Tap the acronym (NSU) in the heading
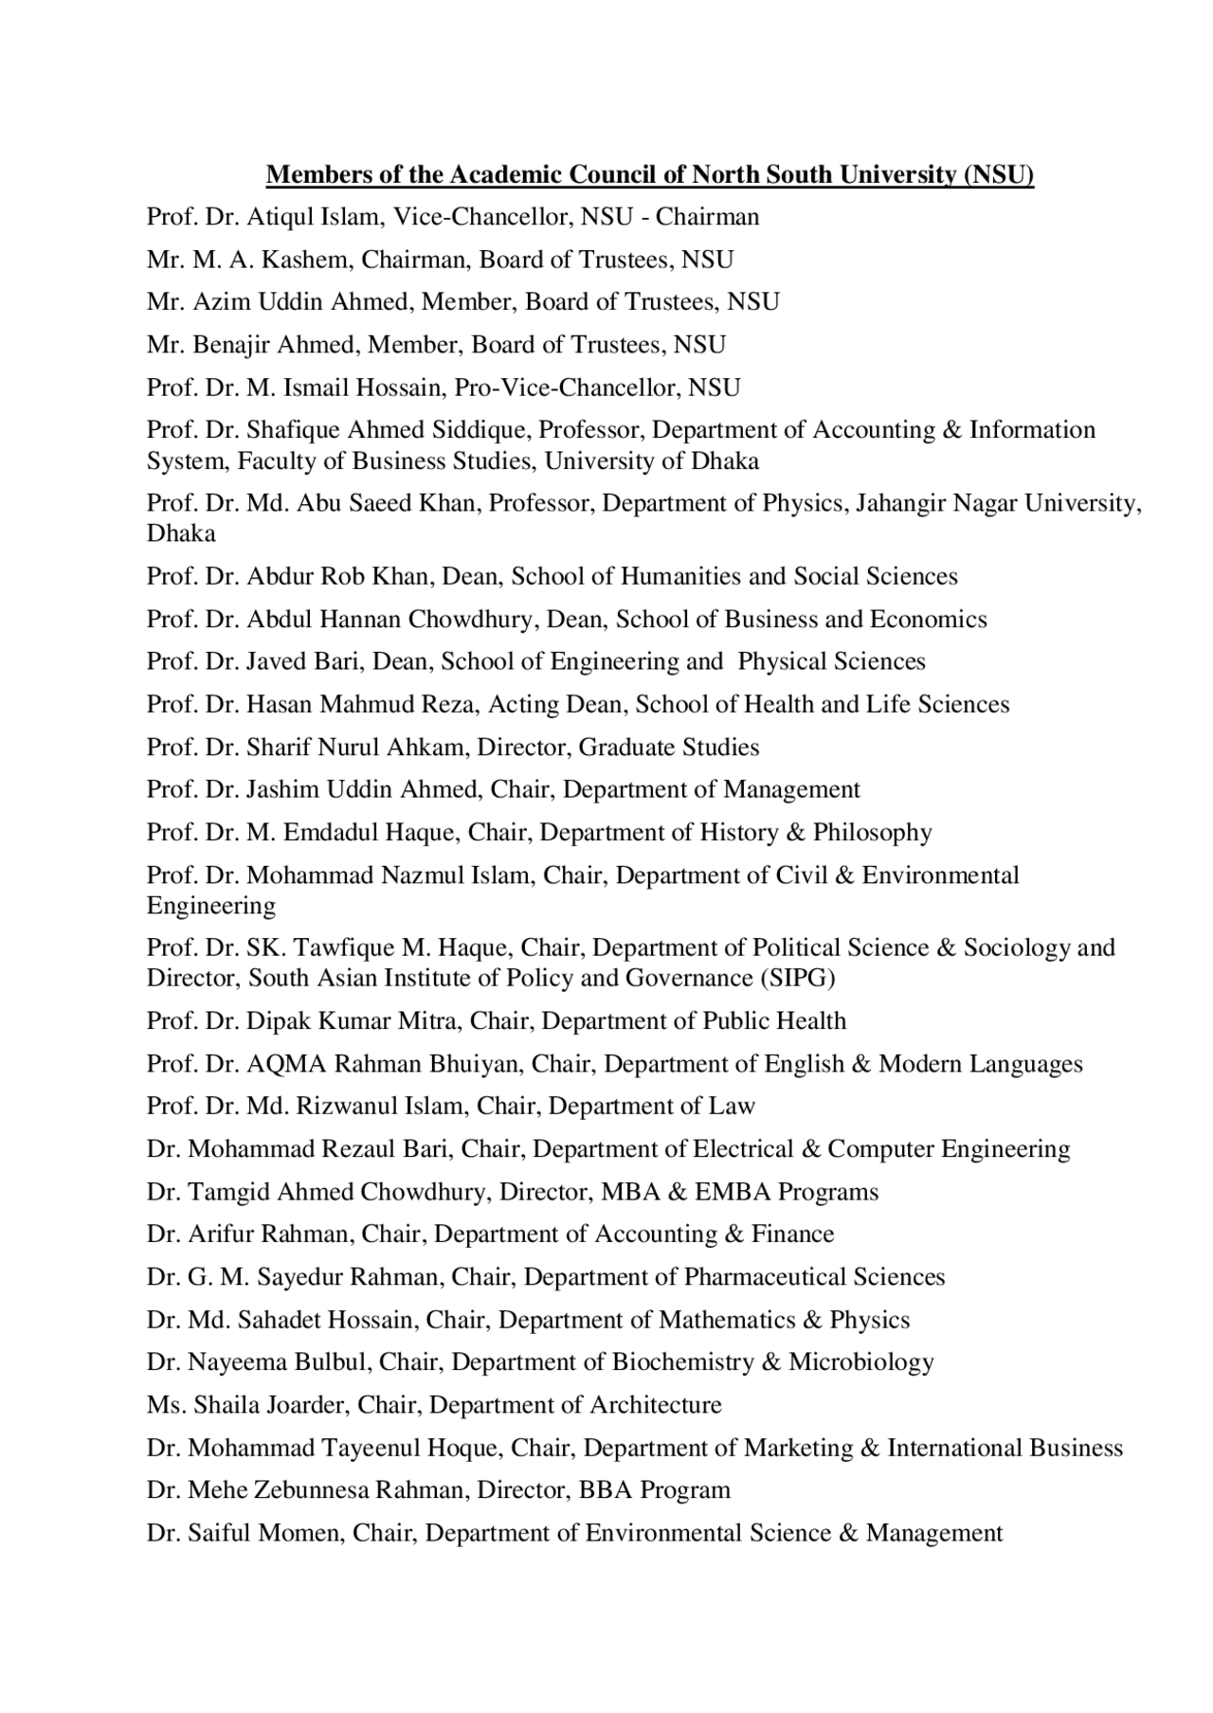(x=998, y=175)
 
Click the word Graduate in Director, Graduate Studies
(x=621, y=748)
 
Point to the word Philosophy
(x=872, y=833)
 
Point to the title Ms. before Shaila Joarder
(x=167, y=1405)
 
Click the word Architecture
(x=656, y=1405)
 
